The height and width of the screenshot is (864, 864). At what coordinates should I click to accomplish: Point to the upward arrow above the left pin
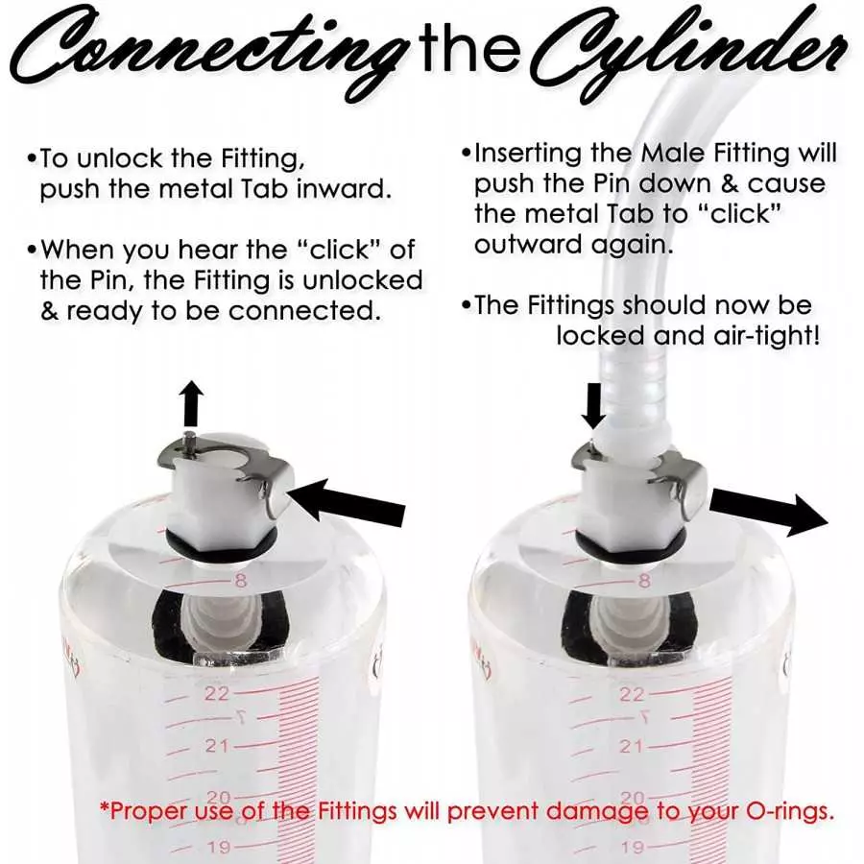pyautogui.click(x=192, y=403)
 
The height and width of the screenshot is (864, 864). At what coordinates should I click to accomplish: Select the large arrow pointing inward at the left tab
pyautogui.click(x=348, y=500)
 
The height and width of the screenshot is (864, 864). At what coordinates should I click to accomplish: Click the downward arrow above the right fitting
pyautogui.click(x=593, y=405)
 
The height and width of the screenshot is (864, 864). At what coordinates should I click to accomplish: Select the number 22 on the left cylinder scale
pyautogui.click(x=217, y=693)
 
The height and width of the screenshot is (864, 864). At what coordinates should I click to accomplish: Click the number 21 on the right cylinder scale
pyautogui.click(x=631, y=747)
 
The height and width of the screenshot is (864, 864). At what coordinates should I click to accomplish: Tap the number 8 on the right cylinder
pyautogui.click(x=645, y=580)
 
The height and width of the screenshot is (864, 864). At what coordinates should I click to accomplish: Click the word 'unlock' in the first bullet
pyautogui.click(x=120, y=158)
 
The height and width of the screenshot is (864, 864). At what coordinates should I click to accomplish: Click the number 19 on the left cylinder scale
pyautogui.click(x=219, y=847)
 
